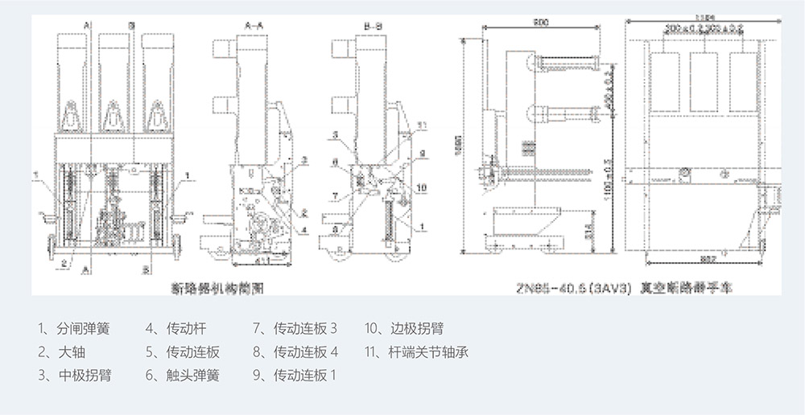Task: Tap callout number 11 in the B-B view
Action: tap(425, 123)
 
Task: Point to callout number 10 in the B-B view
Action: tap(421, 188)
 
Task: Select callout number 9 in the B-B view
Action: tap(421, 154)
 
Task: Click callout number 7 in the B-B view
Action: tap(333, 195)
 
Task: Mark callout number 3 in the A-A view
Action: tap(304, 161)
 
